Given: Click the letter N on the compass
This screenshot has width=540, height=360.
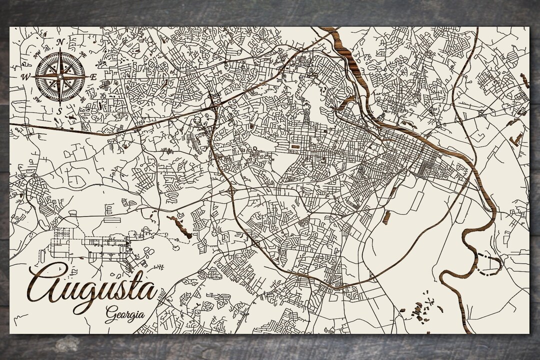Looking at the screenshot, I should (x=60, y=41).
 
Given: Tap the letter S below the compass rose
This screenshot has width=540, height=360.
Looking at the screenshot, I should (x=59, y=110).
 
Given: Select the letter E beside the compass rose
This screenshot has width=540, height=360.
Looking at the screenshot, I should (x=93, y=76).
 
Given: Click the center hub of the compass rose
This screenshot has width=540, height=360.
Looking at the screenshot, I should (x=59, y=76).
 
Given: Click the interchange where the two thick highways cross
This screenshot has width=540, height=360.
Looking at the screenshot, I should (x=214, y=102).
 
